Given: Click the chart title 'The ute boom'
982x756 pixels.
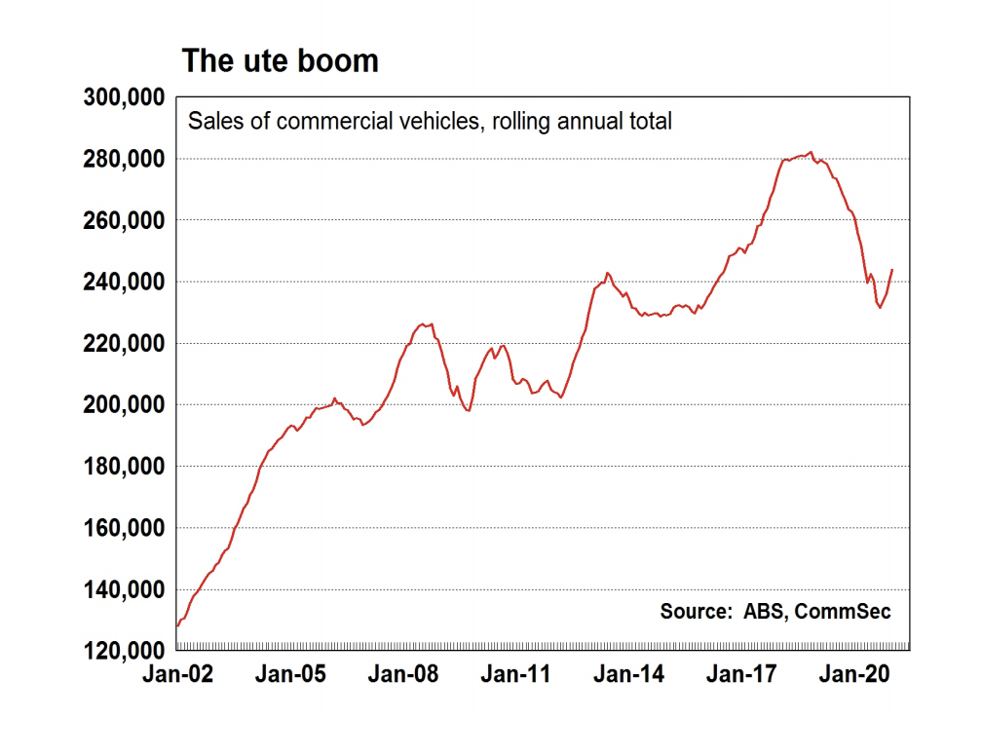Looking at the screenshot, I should (x=280, y=61).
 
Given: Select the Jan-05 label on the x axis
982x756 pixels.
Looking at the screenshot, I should (x=289, y=674).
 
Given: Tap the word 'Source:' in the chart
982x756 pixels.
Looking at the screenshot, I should (x=696, y=612).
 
